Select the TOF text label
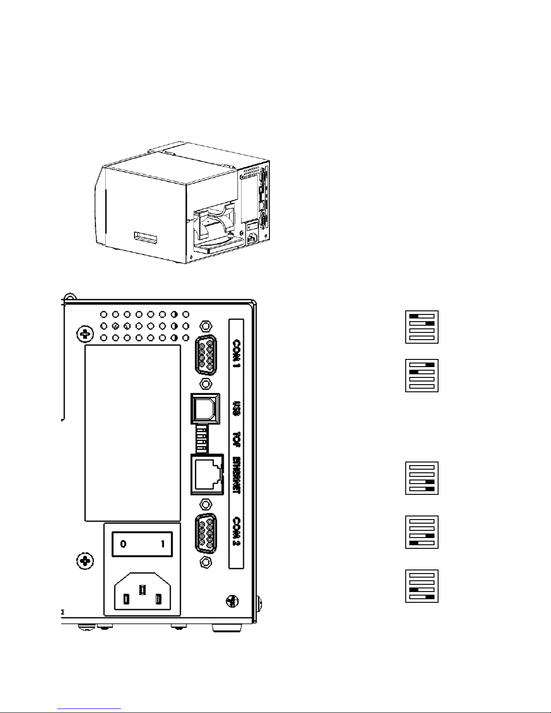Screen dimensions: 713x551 236,439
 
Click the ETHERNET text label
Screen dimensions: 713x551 236,476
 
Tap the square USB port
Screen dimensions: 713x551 206,408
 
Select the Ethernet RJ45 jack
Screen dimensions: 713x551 207,475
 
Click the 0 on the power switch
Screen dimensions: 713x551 123,544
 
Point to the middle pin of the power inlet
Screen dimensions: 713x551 143,590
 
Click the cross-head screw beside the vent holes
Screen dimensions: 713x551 84,334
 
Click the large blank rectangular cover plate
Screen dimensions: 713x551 133,433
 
